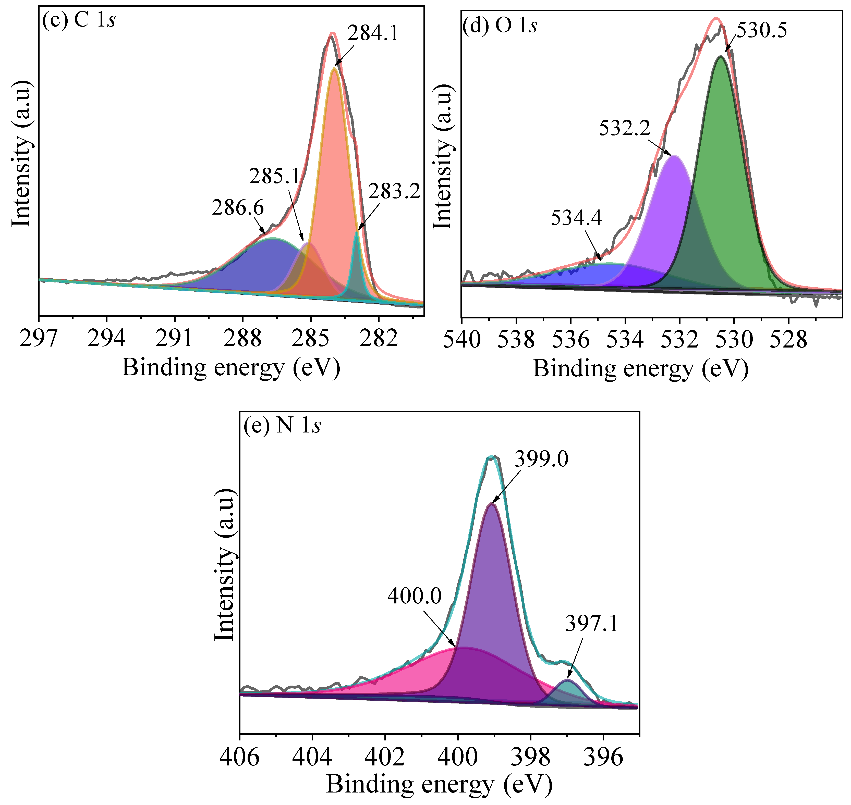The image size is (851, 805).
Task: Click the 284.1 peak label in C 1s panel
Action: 373,33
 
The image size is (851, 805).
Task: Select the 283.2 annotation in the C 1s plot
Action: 394,191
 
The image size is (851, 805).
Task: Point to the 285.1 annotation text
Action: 275,176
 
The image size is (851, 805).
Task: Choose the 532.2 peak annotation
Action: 625,128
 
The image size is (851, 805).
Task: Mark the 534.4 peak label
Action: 576,218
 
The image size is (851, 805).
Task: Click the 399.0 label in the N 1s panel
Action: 541,460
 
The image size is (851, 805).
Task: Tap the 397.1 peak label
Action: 592,624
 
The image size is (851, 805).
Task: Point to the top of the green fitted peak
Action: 721,57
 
